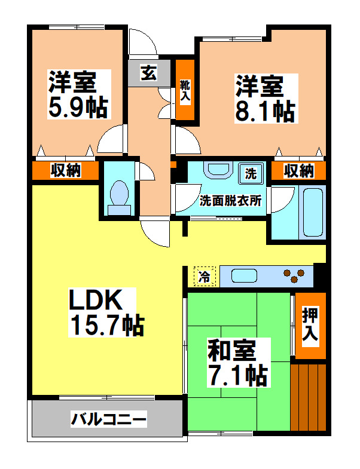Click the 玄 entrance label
[148, 73]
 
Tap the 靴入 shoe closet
[185, 90]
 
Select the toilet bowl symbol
[120, 197]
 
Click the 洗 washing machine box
[251, 174]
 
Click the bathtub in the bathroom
[313, 213]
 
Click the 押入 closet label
[310, 326]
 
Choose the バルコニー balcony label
[108, 419]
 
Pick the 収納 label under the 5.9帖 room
[65, 171]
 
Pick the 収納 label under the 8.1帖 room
[298, 171]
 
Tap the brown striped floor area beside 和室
[308, 397]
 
